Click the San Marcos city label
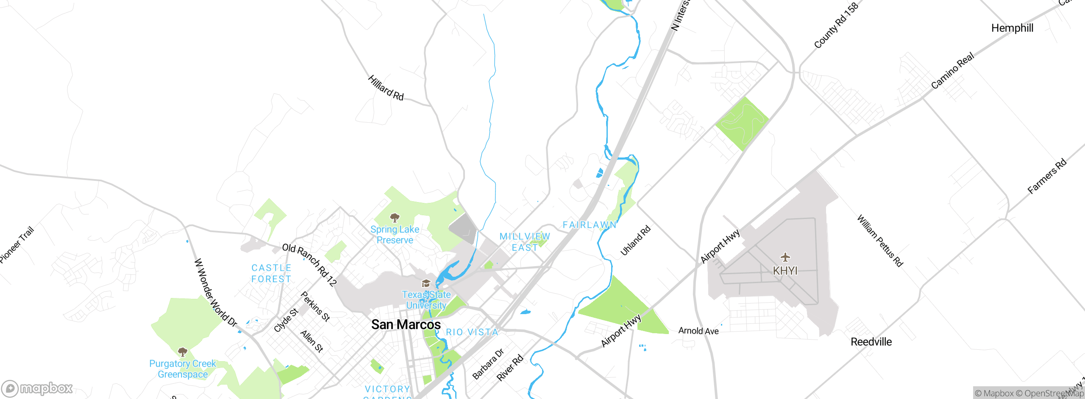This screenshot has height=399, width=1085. coord(406,325)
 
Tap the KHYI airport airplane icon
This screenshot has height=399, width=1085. coord(785,257)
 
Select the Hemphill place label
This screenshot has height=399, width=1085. coord(1012,28)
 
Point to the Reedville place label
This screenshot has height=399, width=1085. coord(871,342)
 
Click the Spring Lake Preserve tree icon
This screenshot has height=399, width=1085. coord(395,218)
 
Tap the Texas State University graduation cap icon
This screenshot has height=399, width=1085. coord(426,284)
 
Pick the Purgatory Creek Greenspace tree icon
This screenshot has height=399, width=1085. coord(183,352)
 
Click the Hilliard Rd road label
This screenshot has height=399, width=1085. coord(386,88)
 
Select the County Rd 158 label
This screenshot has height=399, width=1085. coord(836,25)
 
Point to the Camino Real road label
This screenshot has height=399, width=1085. coord(952,71)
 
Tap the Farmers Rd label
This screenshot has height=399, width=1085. coord(1047,177)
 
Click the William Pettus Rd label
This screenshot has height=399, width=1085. coord(880,241)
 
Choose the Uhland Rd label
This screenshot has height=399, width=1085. coord(635,241)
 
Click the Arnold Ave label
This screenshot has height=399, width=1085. coord(698,331)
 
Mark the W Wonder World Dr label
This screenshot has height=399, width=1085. coord(215,293)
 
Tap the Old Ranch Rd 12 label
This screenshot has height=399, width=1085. coord(309,264)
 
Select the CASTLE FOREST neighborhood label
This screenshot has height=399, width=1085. coord(271,274)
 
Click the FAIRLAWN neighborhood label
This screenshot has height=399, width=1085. coord(589,225)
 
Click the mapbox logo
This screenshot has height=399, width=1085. coord(37,388)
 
